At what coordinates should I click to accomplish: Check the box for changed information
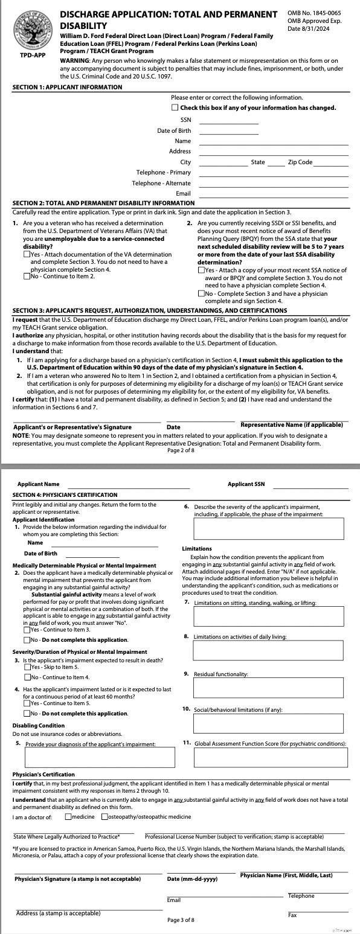[175, 107]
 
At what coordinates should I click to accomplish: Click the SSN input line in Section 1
[228, 121]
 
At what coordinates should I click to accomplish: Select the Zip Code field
[331, 162]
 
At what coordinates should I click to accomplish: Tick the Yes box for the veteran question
[27, 254]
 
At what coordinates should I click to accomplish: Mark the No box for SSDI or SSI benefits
[201, 293]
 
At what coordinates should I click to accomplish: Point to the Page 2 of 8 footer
[181, 450]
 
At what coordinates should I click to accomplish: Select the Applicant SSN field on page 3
[310, 484]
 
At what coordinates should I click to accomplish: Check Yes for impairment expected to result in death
[27, 667]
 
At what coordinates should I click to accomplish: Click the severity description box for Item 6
[270, 528]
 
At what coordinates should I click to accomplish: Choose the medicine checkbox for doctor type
[68, 817]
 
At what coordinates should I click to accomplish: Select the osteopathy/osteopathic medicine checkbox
[105, 817]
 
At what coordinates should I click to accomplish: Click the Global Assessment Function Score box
[270, 756]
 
